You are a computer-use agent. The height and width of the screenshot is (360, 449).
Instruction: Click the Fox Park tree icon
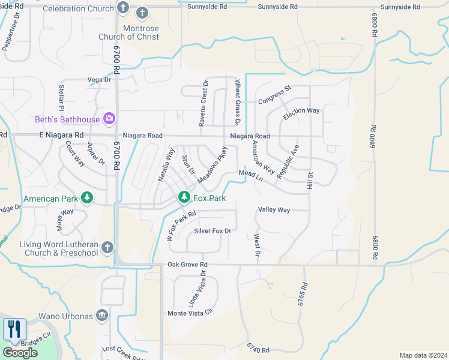[x=184, y=197]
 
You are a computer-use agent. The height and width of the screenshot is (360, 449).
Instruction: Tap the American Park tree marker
[x=87, y=197]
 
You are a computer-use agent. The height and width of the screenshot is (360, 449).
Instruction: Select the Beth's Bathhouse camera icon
[x=109, y=118]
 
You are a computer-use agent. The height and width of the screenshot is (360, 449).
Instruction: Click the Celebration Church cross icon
[x=123, y=8]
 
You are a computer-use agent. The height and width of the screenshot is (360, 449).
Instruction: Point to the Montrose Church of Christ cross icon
[x=142, y=13]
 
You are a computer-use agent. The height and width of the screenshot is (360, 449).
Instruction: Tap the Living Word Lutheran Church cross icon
[x=107, y=247]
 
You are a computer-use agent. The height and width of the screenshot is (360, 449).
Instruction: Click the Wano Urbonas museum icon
[x=103, y=315]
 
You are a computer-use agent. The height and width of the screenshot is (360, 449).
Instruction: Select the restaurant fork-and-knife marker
[x=14, y=329]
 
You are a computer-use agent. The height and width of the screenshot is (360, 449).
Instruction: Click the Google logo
[x=20, y=353]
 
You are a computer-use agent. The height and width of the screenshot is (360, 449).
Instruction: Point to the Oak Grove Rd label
[x=187, y=264]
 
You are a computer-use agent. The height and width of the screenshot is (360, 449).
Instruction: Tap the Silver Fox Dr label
[x=212, y=230]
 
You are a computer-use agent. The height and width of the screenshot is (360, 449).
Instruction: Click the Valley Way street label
[x=274, y=210]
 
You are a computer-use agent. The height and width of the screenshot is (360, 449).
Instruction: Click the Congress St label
[x=274, y=95]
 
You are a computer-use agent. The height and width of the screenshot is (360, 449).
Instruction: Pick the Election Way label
[x=301, y=114]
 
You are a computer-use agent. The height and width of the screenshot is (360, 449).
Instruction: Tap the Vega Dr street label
[x=100, y=79]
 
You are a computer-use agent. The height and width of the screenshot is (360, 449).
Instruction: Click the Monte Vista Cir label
[x=190, y=313]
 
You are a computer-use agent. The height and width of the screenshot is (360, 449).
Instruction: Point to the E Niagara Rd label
[x=61, y=136]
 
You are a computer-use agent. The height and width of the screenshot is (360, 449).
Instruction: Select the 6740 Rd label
[x=259, y=347]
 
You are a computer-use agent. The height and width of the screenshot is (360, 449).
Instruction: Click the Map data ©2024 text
[x=423, y=355]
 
